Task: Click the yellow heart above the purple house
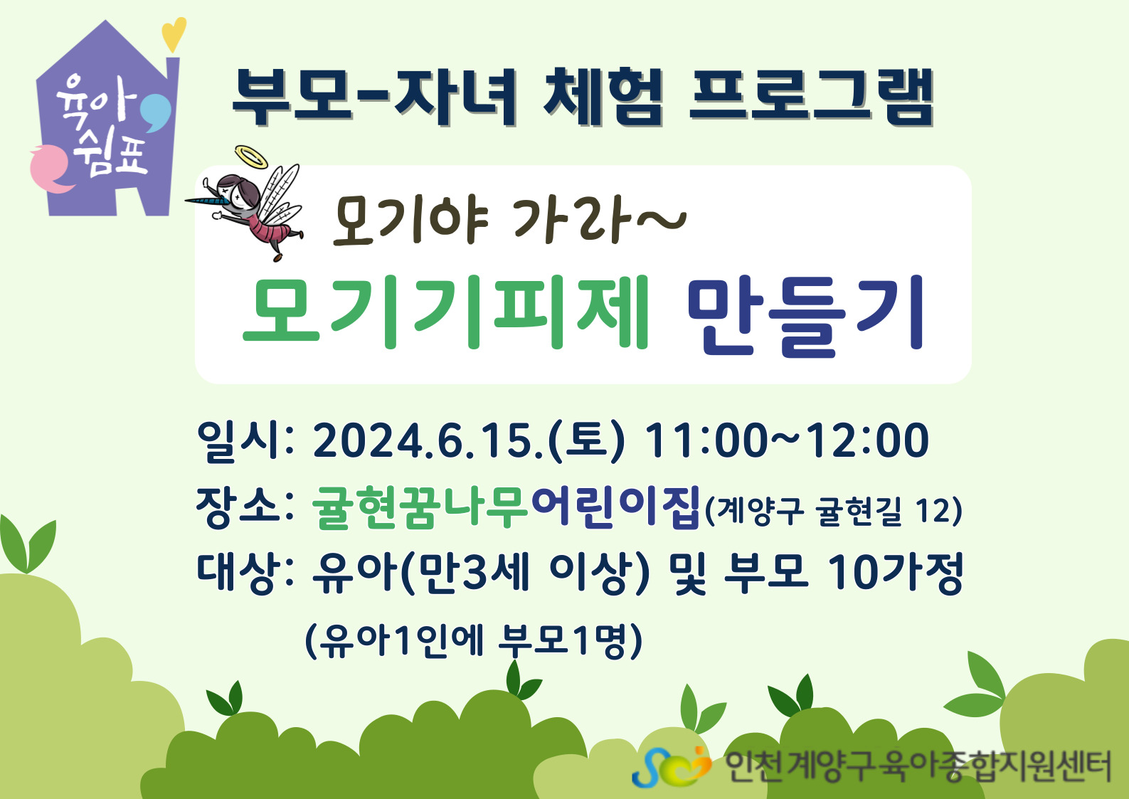[x=174, y=34]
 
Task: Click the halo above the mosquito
[x=251, y=157]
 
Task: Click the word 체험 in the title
[x=603, y=97]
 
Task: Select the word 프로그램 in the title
[x=811, y=97]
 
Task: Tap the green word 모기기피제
[x=445, y=312]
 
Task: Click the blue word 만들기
[x=805, y=314]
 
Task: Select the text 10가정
[x=896, y=573]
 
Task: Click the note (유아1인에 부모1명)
[x=474, y=641]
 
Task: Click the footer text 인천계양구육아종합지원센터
[x=918, y=766]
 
